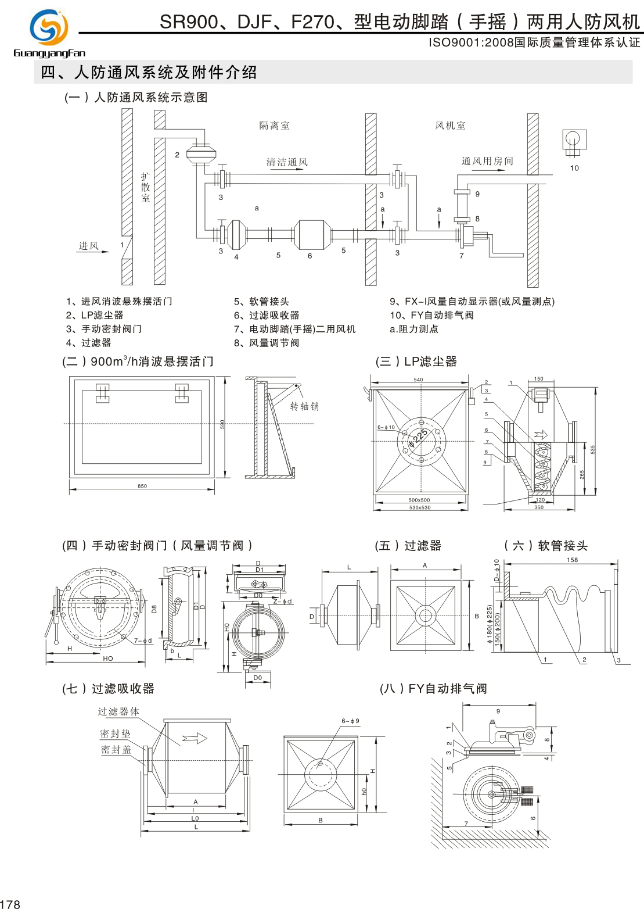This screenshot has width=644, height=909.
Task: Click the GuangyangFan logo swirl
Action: click(x=49, y=27)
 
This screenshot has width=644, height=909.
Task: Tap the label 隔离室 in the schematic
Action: click(x=274, y=126)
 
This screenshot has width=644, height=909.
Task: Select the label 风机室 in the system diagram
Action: click(x=450, y=126)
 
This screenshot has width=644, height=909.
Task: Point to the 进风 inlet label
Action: click(x=88, y=246)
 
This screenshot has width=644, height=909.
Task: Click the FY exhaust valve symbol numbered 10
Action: click(x=574, y=141)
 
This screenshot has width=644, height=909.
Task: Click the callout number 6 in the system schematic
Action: click(x=310, y=256)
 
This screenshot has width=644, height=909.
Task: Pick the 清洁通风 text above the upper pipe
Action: click(x=287, y=162)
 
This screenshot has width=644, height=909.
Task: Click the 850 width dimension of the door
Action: click(x=142, y=486)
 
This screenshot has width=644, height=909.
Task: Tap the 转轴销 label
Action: click(x=304, y=406)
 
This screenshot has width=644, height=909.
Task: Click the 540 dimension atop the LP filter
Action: click(x=418, y=380)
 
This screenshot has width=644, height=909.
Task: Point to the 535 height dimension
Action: click(x=592, y=449)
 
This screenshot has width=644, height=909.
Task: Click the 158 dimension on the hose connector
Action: click(x=572, y=560)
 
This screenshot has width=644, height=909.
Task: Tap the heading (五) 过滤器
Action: click(x=408, y=546)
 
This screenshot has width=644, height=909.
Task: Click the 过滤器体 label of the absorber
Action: click(x=118, y=711)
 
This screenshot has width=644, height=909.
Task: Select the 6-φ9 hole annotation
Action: click(x=350, y=721)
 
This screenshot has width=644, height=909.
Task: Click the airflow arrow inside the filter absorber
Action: click(x=195, y=739)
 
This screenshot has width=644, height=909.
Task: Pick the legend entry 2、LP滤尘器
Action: click(x=95, y=315)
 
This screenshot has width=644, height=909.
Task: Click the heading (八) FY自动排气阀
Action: click(x=433, y=689)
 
